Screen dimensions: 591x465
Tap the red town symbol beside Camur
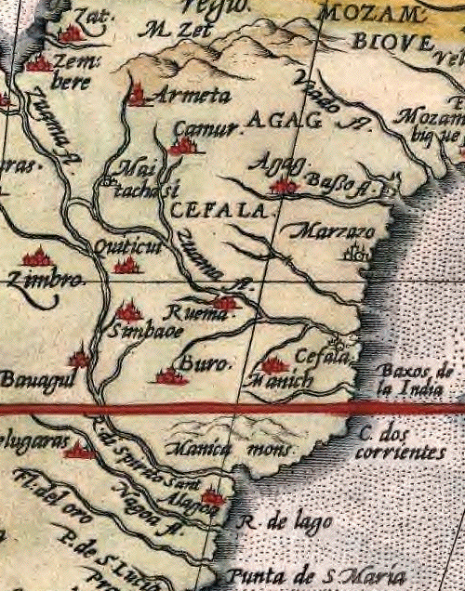pyautogui.click(x=182, y=145)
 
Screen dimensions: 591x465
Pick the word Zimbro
pyautogui.click(x=46, y=279)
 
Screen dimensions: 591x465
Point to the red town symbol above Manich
pyautogui.click(x=272, y=365)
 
